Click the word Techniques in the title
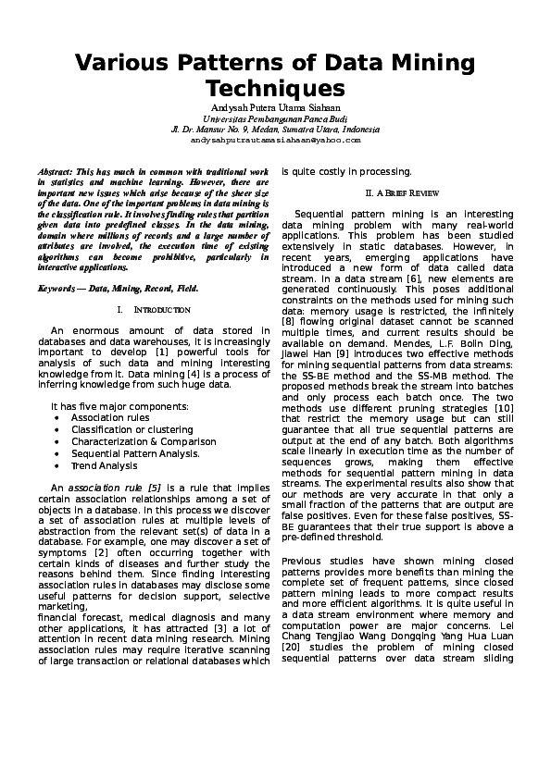point(275,89)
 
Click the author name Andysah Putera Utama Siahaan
point(275,109)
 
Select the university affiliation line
point(275,119)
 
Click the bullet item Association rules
point(110,418)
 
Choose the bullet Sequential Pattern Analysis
point(135,453)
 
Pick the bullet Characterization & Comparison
point(137,442)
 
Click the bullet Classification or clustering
point(125,430)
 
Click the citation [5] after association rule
point(155,487)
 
